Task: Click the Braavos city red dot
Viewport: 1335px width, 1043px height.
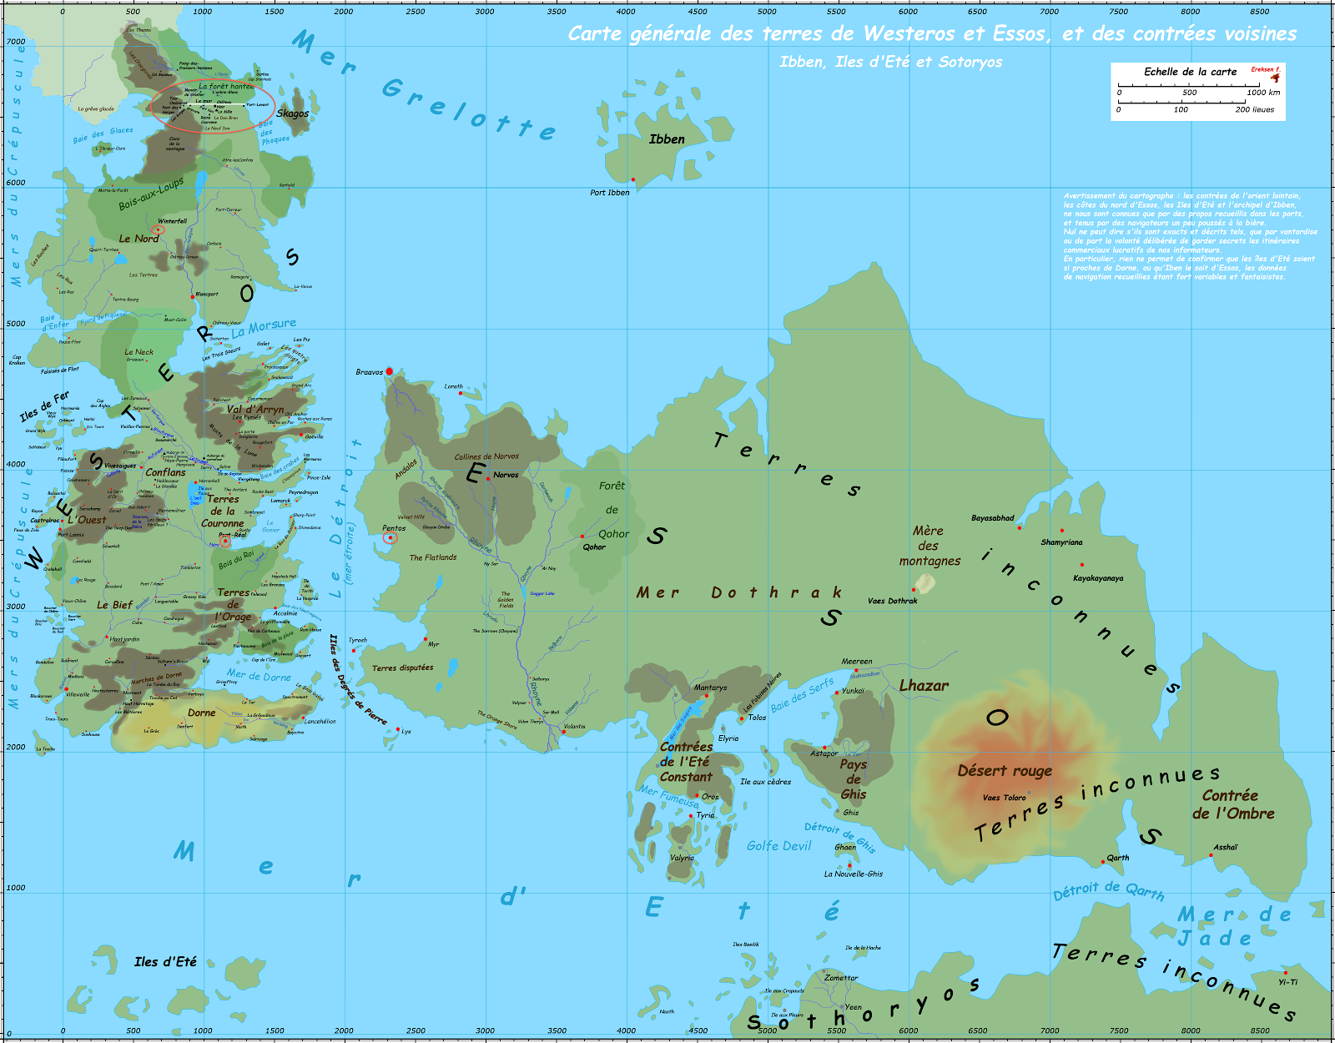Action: [x=389, y=371]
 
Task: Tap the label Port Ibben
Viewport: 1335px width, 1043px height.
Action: [x=610, y=193]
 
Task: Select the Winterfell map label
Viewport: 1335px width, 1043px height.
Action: [x=172, y=221]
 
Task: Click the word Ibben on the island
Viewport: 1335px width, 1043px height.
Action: [x=667, y=139]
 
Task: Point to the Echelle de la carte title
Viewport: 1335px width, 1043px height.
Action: [x=1190, y=72]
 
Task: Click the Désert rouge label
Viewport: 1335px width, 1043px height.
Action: [x=1005, y=771]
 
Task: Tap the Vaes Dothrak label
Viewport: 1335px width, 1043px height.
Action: [x=892, y=601]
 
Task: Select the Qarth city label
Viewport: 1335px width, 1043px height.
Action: [x=1118, y=858]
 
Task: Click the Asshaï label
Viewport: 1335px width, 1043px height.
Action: [x=1226, y=848]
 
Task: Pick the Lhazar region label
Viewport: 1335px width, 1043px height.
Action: [x=924, y=686]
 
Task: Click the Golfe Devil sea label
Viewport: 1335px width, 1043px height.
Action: [x=778, y=846]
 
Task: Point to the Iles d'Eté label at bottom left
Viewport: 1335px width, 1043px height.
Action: [x=165, y=962]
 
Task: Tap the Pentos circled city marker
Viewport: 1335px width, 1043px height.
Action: [x=390, y=538]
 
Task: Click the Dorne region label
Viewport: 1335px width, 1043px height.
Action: [x=201, y=713]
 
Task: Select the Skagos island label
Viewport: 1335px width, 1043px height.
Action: [x=293, y=113]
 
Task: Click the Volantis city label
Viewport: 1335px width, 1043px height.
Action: [x=574, y=727]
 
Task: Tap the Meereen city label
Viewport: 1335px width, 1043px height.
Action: [x=856, y=662]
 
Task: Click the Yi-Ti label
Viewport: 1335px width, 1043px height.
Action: [x=1287, y=982]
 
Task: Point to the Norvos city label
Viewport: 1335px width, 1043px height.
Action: [x=506, y=475]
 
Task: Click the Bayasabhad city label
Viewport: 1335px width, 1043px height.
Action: [x=992, y=518]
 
